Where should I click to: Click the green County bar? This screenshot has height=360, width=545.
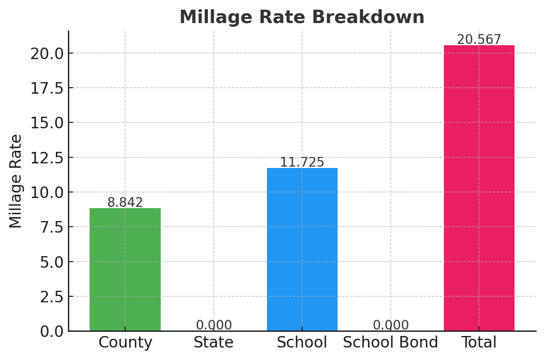[x=125, y=270]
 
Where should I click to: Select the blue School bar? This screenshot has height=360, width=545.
[x=302, y=249]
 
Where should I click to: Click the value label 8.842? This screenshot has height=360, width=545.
[x=125, y=203]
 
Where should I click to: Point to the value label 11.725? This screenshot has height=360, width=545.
[x=302, y=162]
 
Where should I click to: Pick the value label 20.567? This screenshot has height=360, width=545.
[x=479, y=40]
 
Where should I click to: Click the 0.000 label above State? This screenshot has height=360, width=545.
[x=214, y=325]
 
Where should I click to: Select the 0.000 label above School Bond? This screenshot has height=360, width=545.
[x=391, y=325]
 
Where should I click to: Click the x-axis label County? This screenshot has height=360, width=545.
[x=125, y=342]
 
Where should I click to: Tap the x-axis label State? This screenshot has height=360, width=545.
[x=213, y=342]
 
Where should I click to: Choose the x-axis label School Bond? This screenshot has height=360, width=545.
[x=390, y=342]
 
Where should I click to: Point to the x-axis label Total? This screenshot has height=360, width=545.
[x=479, y=342]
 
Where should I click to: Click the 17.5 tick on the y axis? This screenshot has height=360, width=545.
[x=47, y=88]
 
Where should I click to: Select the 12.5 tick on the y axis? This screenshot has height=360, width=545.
[x=47, y=157]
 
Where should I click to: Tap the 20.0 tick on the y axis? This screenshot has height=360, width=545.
[x=47, y=53]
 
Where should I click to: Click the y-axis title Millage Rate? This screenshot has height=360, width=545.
[x=16, y=181]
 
